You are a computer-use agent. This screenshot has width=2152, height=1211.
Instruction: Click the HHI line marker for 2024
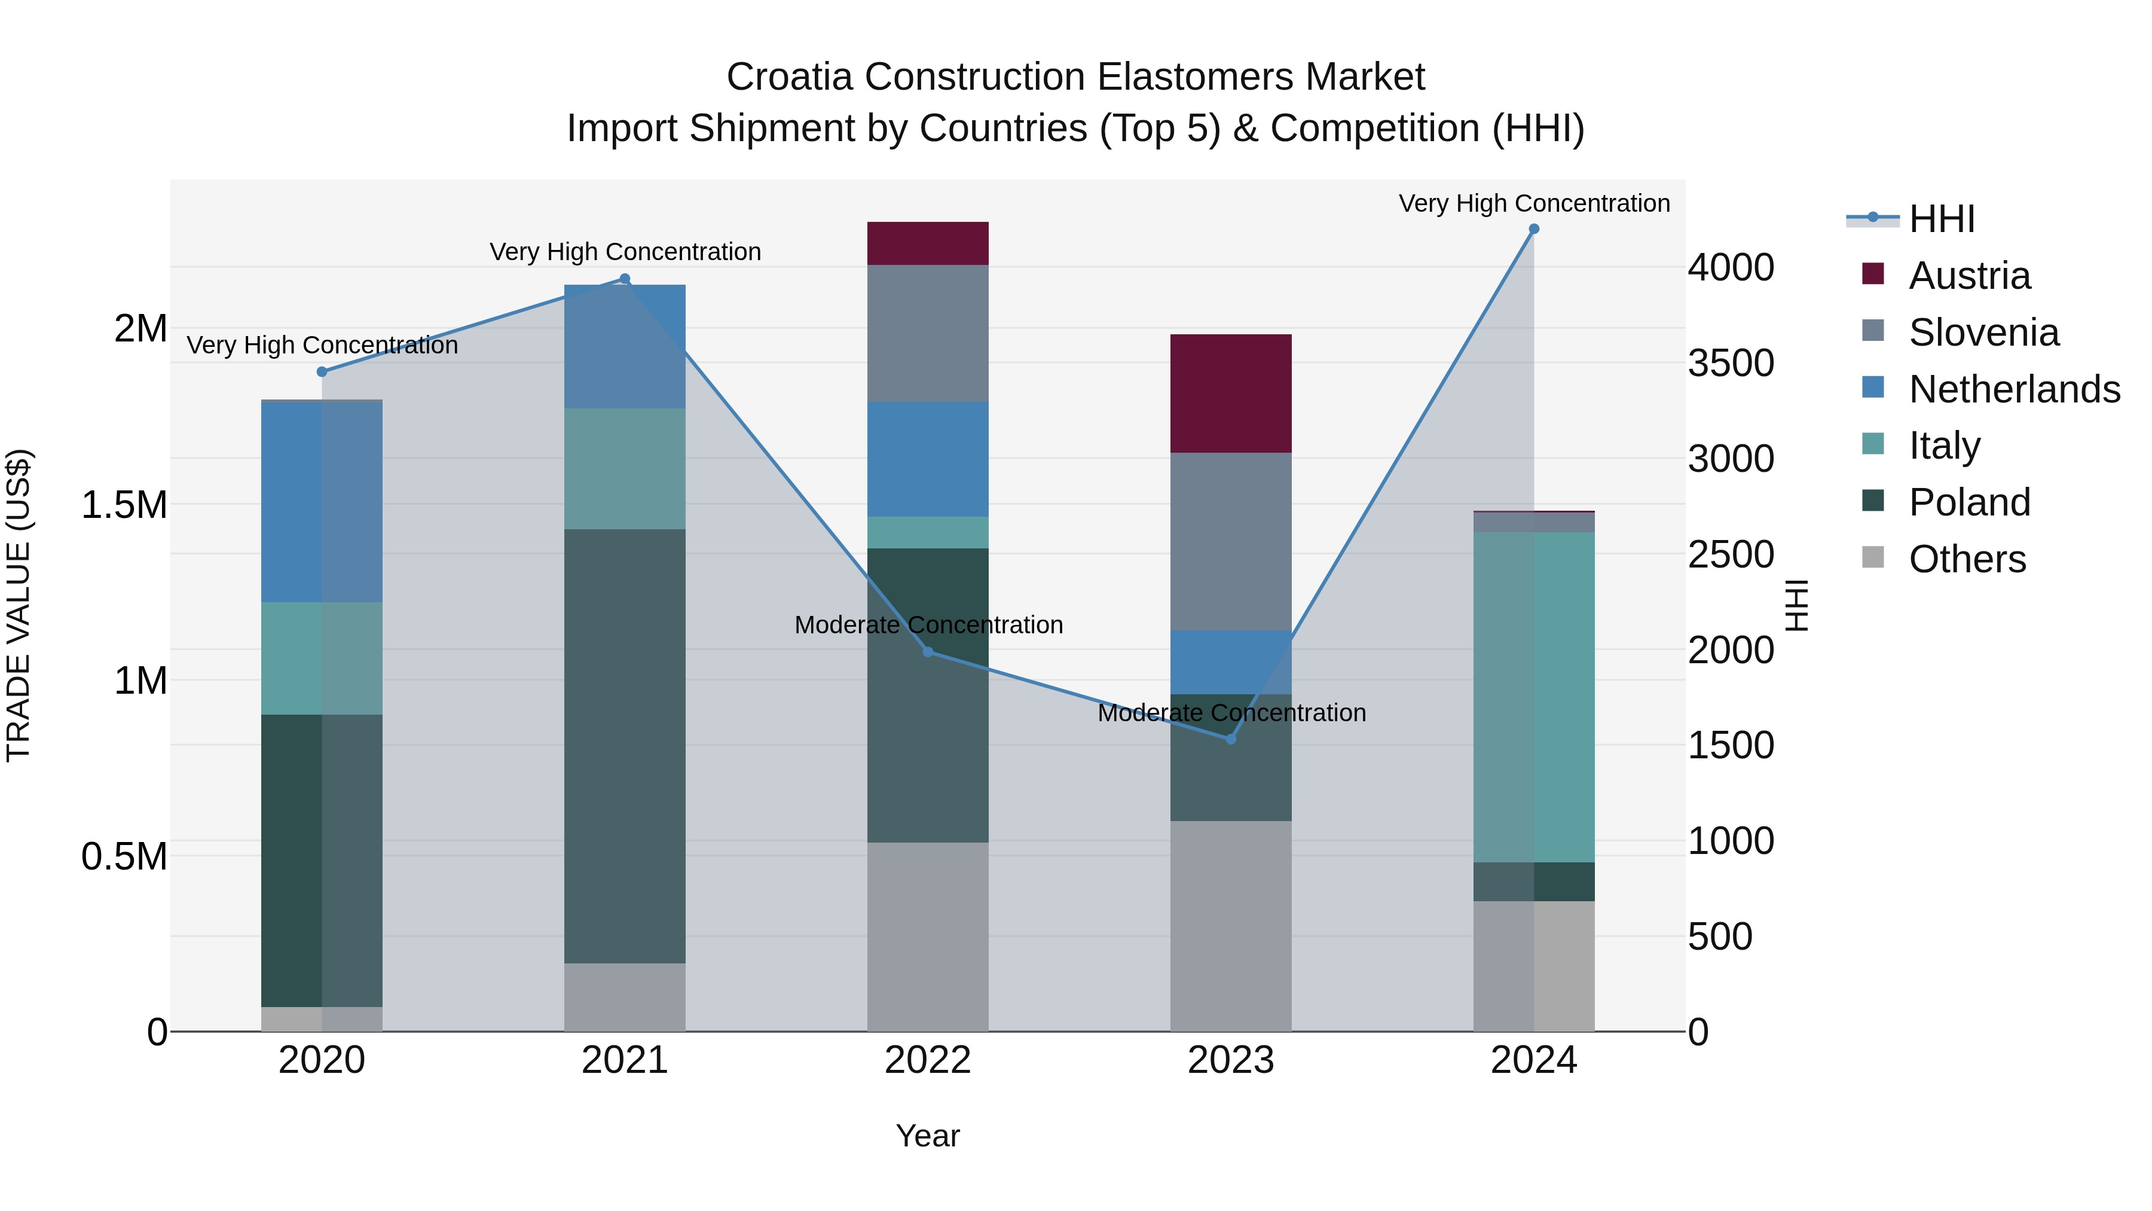tap(1534, 229)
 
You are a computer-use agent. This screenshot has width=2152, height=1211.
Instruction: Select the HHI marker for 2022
tap(927, 652)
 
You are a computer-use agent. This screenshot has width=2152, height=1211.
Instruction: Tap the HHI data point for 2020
tap(322, 372)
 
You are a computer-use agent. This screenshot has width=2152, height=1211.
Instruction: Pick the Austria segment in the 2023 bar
tap(1231, 394)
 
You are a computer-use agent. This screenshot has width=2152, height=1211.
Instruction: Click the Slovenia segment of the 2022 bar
tap(927, 334)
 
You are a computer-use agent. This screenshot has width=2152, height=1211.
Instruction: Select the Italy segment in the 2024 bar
tap(1534, 697)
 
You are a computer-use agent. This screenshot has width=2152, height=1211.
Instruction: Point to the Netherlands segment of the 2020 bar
tap(322, 502)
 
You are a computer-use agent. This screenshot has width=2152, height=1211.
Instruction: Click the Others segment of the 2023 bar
tap(1231, 926)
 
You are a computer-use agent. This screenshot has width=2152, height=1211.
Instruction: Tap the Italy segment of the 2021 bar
tap(625, 469)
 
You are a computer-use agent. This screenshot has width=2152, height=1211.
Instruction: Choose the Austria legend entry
tap(1968, 276)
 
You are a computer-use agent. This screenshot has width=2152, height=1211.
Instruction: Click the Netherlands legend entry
tap(2013, 389)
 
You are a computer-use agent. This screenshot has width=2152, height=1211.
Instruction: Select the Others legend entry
tap(1967, 559)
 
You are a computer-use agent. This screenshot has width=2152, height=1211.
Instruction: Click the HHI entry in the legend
tap(1942, 219)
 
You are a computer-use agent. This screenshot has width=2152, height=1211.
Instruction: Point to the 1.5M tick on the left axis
tap(124, 505)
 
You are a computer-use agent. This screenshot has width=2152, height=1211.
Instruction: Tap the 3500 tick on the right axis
tap(1731, 364)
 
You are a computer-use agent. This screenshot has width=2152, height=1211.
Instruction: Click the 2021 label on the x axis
tap(625, 1060)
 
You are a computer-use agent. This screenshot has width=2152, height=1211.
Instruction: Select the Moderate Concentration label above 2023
tap(1231, 713)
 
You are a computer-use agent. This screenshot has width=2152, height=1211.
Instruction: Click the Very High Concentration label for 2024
tap(1534, 203)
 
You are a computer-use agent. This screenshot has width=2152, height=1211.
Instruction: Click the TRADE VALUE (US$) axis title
tap(19, 605)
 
